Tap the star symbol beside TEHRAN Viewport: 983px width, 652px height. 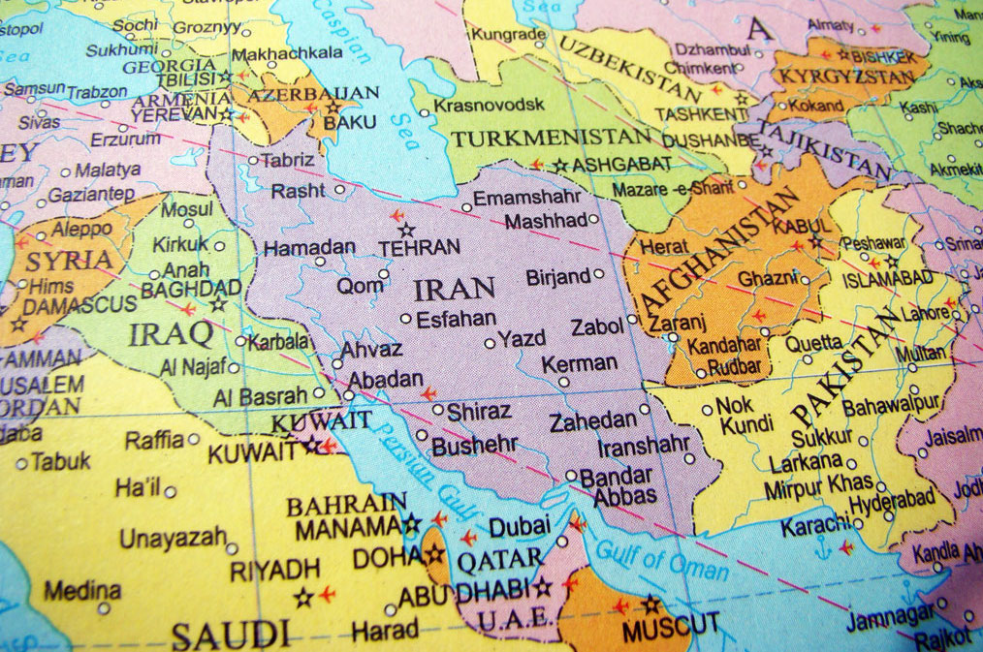click(407, 230)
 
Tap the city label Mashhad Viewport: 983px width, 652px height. click(546, 221)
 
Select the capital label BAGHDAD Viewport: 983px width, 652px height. click(191, 289)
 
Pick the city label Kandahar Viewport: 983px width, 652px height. click(723, 345)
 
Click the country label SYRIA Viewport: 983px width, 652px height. click(69, 261)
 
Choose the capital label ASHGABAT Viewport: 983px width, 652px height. click(621, 165)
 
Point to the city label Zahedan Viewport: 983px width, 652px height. click(592, 422)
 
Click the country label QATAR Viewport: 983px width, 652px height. click(501, 558)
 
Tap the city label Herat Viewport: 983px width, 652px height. click(664, 247)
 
